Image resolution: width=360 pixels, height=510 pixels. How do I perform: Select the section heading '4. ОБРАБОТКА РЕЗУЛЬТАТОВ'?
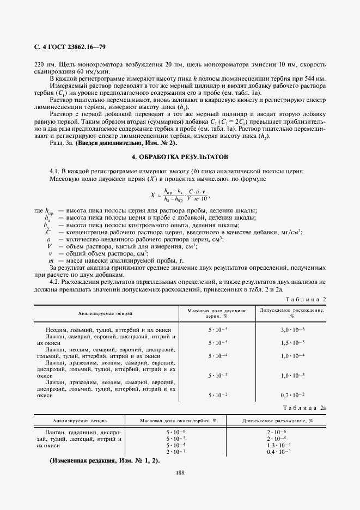click(180, 156)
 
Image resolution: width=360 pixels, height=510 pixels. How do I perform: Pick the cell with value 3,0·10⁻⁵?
click(292, 330)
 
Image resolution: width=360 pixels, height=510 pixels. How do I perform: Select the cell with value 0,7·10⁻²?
click(292, 394)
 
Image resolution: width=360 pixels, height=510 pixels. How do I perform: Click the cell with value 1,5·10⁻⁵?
click(292, 343)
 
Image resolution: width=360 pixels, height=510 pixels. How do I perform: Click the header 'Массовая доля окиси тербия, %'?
click(178, 421)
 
